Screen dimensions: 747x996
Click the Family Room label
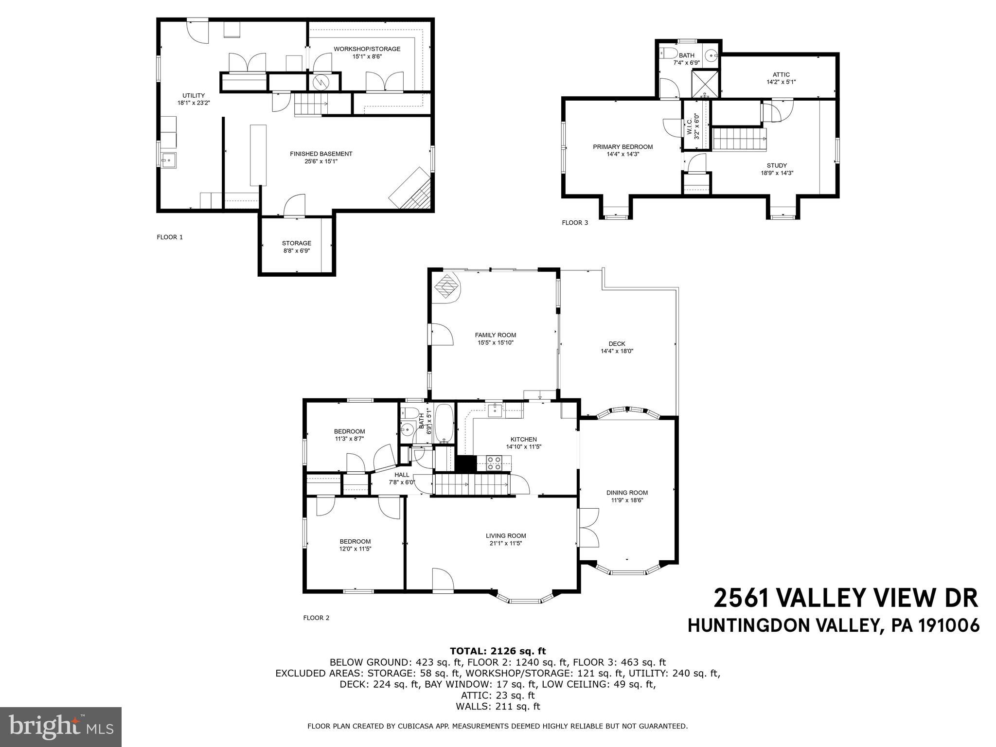point(495,335)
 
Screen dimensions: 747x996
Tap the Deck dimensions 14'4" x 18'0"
point(617,351)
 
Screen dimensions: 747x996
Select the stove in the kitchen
point(494,462)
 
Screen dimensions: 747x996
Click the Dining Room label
point(627,493)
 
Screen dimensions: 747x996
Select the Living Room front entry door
point(443,581)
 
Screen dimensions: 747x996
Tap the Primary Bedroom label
point(622,147)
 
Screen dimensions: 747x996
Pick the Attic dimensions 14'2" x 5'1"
point(781,82)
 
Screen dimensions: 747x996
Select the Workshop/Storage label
point(367,49)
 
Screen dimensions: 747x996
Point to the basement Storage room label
point(297,243)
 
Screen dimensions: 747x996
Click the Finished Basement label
point(321,154)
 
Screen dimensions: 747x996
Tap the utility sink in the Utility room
point(169,159)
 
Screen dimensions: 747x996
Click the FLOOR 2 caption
point(316,618)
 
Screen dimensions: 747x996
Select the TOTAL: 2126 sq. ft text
point(498,651)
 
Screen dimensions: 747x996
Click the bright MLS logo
point(61,727)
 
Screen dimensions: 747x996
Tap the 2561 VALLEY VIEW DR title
point(845,598)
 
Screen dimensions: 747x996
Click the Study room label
point(777,165)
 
